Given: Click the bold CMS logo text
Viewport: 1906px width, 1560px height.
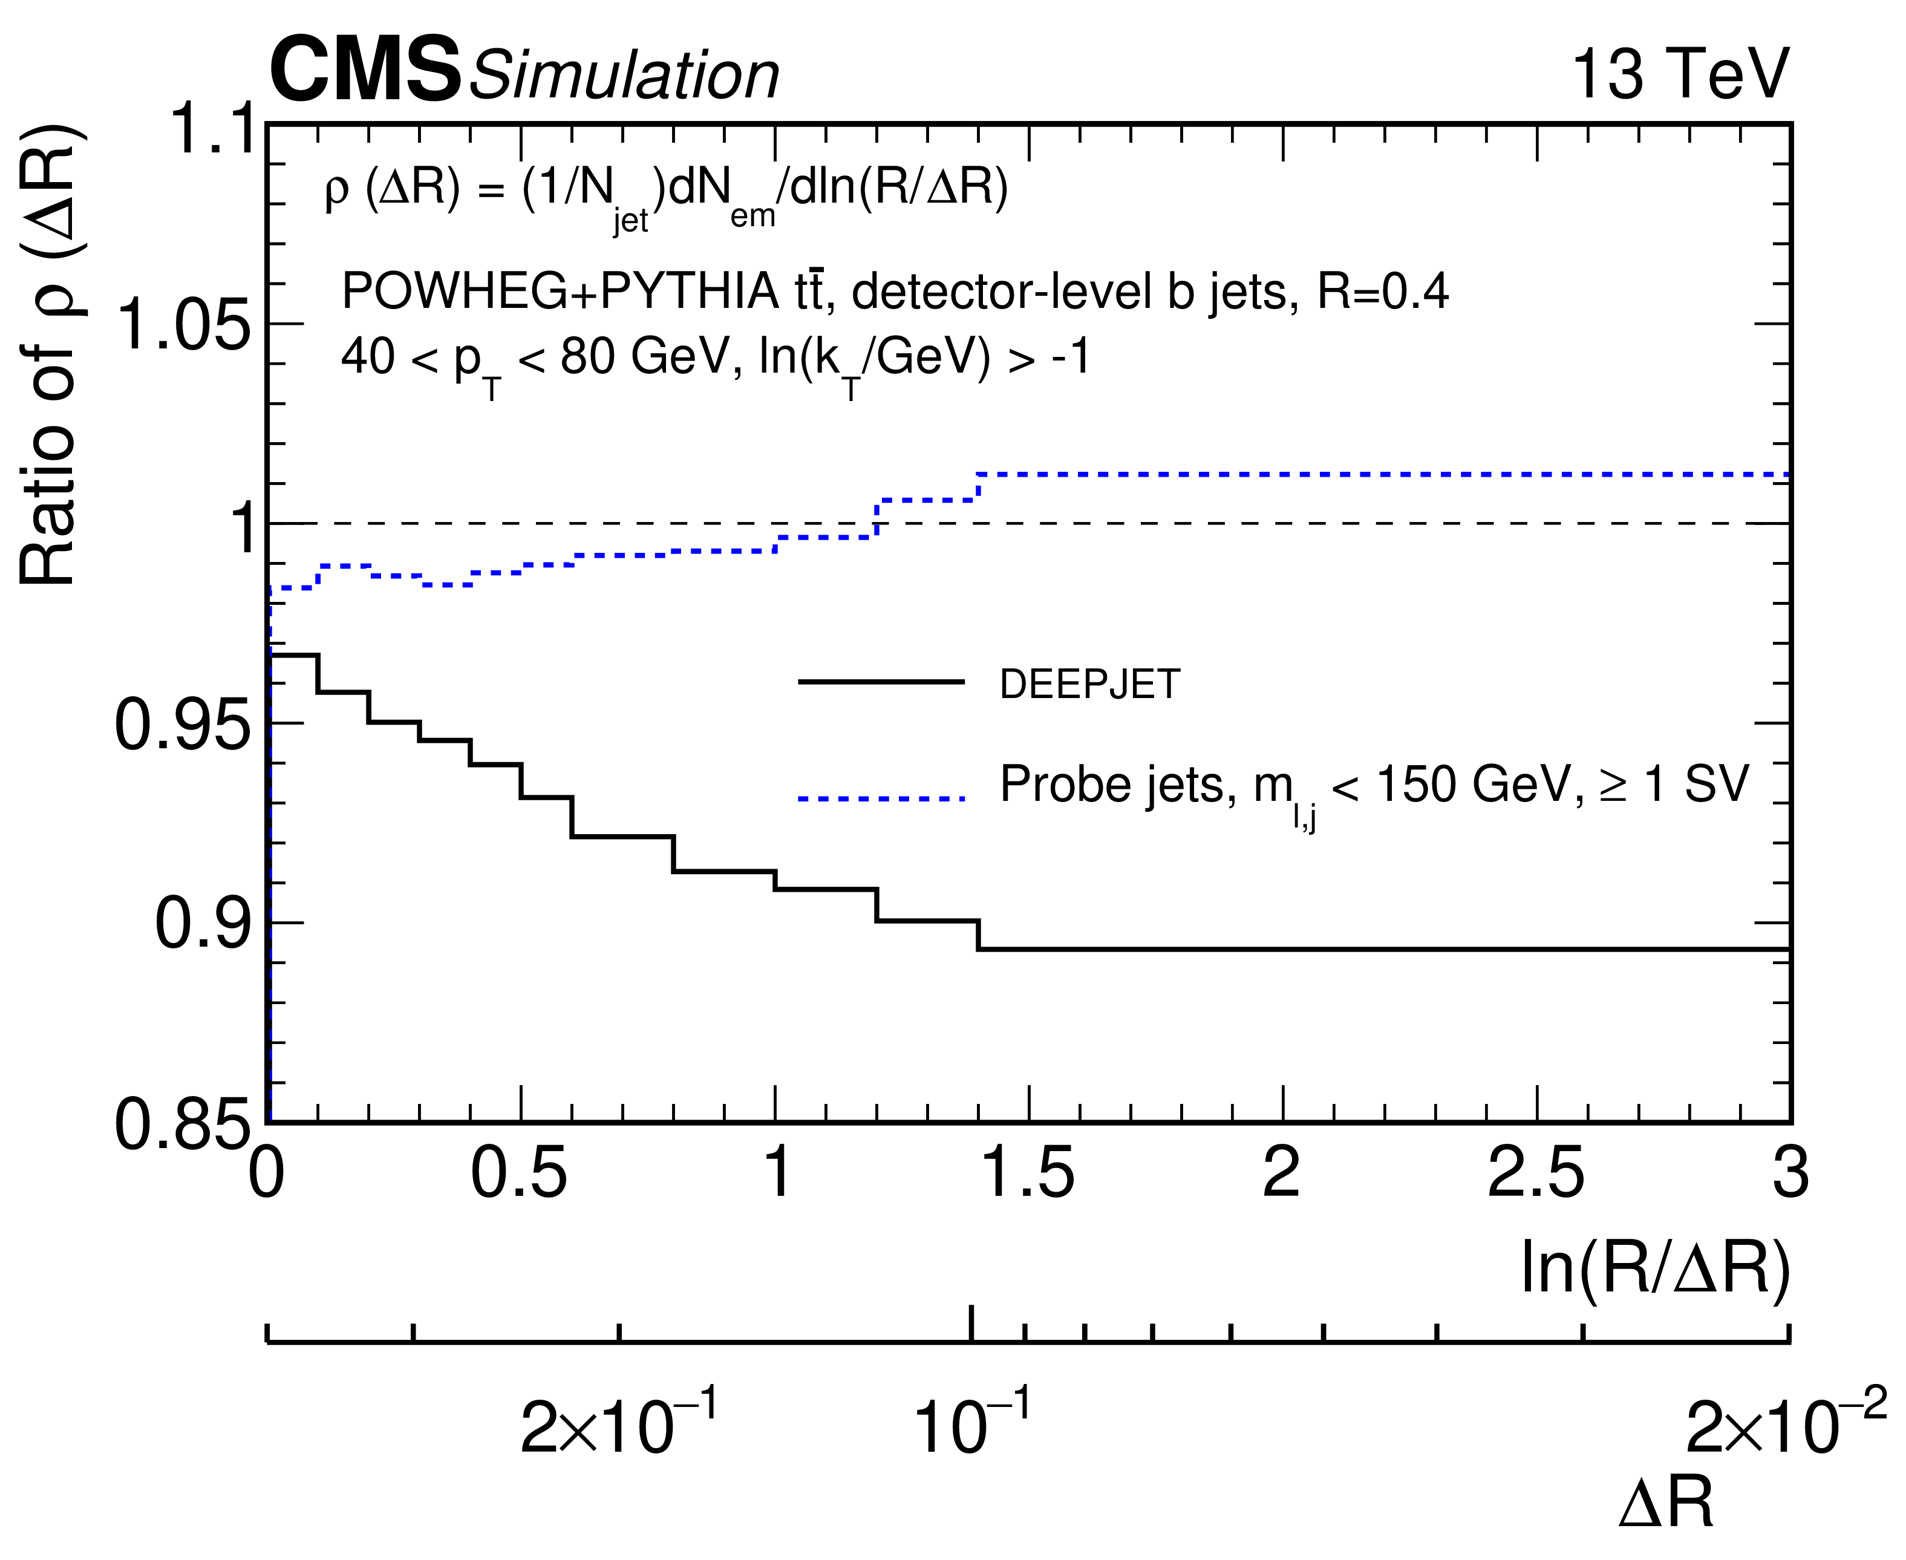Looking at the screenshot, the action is tap(365, 70).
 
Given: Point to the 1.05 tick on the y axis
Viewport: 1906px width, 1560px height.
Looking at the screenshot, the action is tap(183, 324).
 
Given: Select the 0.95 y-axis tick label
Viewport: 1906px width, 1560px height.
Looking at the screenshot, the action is tap(183, 725).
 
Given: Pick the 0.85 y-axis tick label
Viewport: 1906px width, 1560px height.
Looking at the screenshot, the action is tap(183, 1124).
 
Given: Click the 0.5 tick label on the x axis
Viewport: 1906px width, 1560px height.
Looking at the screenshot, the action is tap(520, 1173).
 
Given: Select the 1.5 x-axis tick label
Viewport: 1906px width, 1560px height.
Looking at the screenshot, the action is tap(1029, 1173).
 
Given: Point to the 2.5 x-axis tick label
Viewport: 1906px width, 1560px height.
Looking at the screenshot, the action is tap(1536, 1173).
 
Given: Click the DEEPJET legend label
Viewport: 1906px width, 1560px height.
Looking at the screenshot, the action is tap(1089, 685).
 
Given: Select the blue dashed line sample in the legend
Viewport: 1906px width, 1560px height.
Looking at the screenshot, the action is tap(881, 798).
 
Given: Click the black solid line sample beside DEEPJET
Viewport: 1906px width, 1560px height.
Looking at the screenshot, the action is tap(881, 682).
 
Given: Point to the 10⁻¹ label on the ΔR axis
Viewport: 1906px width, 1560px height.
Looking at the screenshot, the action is tap(972, 1425).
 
